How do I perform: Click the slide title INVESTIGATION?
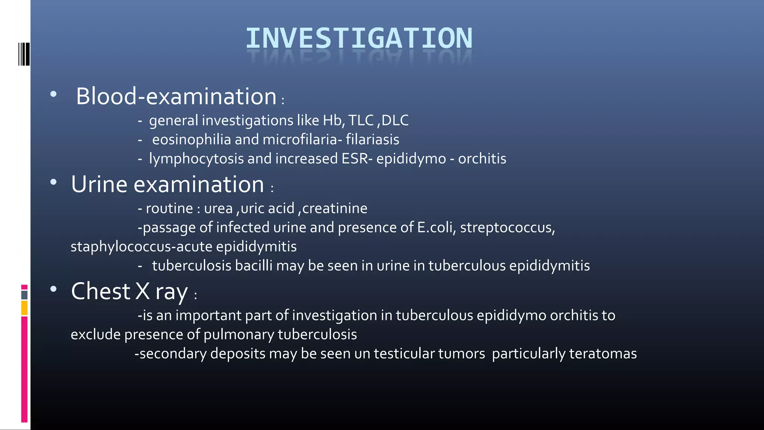coord(359,38)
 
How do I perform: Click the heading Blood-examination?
coord(176,96)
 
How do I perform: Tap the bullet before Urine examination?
coord(53,182)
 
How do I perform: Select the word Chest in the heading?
coord(100,291)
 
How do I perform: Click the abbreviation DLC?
coord(395,121)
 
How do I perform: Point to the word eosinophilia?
coord(191,140)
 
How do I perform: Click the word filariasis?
coord(372,140)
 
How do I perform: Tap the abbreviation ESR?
coord(355,159)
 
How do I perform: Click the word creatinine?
coord(335,208)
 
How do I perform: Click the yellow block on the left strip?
coord(24,308)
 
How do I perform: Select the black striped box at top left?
coord(24,54)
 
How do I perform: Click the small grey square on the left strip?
coord(24,295)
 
